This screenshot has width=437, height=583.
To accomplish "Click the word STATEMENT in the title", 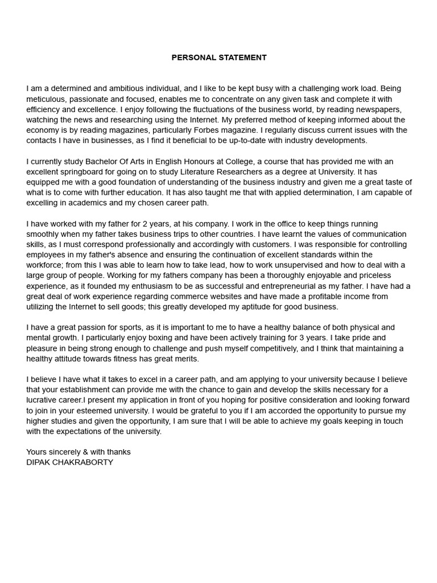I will click(x=241, y=58).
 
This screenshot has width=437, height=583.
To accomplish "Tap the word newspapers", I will click(x=376, y=109).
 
